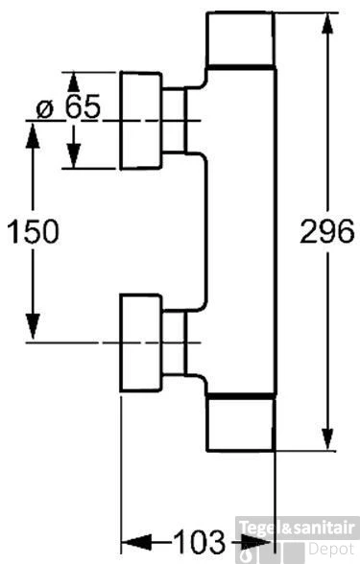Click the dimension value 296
[326, 231]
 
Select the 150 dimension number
[33, 231]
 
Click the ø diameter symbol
[44, 106]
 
